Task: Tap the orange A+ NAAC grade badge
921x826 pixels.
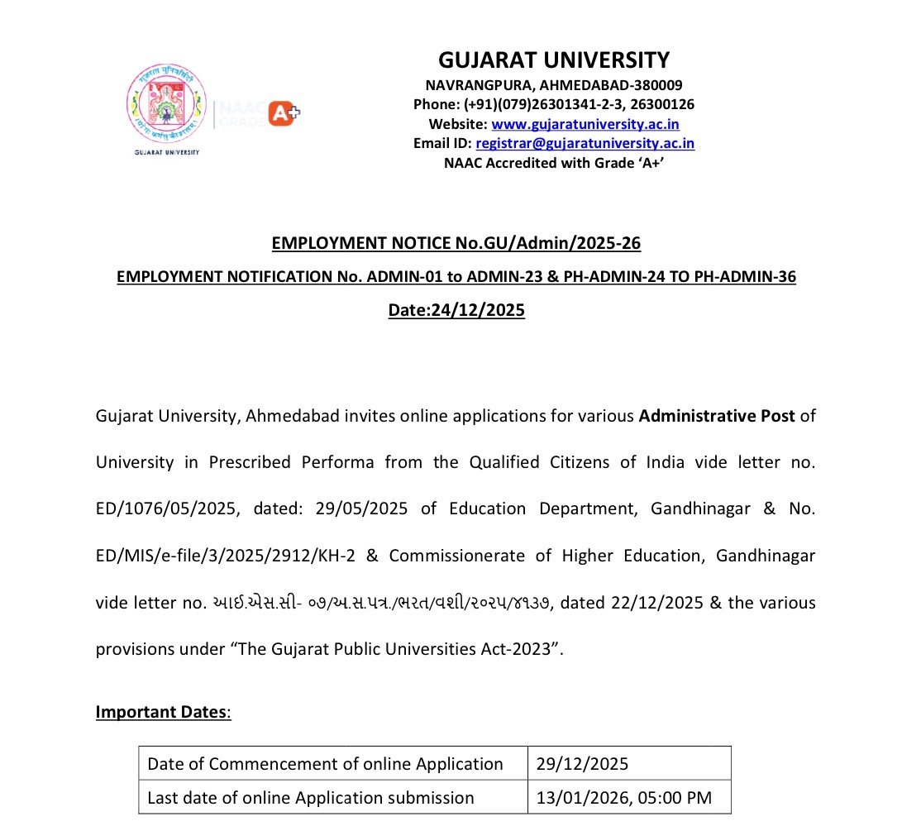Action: pos(284,113)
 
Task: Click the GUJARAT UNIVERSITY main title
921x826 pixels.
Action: pos(553,60)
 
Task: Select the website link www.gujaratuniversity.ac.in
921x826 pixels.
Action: pos(585,124)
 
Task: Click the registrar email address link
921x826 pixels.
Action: pos(585,143)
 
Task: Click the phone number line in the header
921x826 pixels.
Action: pos(553,104)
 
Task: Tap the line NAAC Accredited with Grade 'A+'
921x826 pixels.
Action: pos(554,163)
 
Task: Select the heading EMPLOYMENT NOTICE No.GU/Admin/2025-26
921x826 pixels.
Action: pos(456,243)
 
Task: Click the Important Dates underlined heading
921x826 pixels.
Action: pos(163,712)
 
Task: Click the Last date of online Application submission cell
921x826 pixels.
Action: pos(311,798)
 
